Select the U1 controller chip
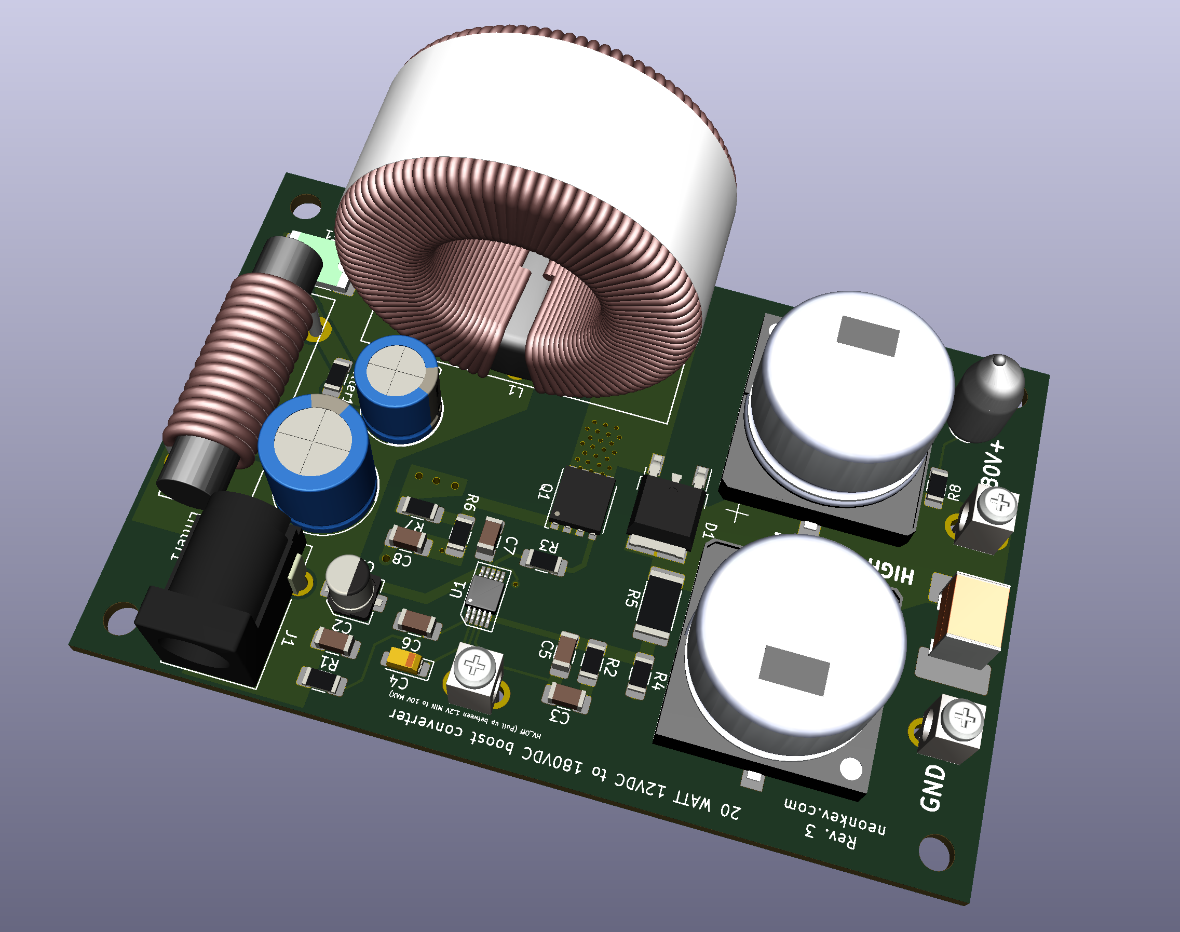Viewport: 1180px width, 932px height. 484,592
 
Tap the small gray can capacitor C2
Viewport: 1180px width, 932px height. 350,583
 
